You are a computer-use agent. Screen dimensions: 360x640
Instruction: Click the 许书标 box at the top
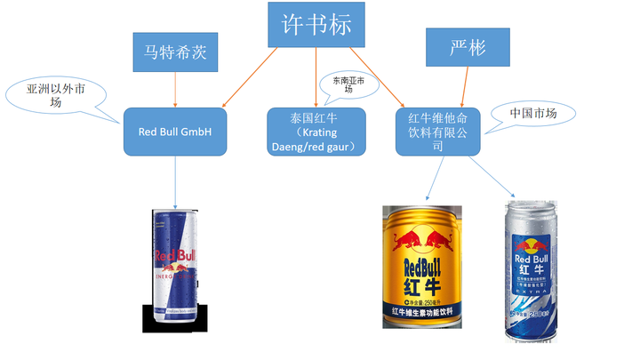click(x=309, y=25)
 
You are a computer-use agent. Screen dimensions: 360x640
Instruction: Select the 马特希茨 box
click(x=175, y=51)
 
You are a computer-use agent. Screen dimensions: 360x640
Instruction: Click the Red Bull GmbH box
click(x=175, y=132)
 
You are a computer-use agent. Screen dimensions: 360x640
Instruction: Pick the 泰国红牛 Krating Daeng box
click(x=316, y=132)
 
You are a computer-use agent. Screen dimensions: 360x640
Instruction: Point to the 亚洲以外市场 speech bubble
click(x=56, y=94)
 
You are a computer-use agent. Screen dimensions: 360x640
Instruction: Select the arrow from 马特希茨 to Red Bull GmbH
click(x=175, y=88)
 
